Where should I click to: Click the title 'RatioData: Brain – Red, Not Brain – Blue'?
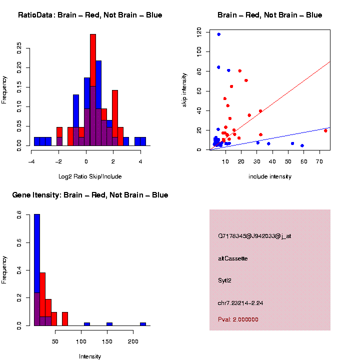click(90, 15)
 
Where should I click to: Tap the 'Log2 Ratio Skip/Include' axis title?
click(90, 176)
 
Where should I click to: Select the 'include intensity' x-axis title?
click(270, 176)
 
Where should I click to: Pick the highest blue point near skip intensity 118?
click(218, 34)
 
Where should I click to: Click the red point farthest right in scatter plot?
click(325, 131)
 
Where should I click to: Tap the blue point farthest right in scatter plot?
click(302, 145)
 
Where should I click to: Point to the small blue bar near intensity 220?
click(142, 323)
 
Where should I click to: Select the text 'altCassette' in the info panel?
click(232, 258)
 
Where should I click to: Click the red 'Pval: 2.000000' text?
click(238, 319)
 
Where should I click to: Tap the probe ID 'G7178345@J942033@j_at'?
click(254, 236)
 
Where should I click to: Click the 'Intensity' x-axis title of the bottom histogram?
click(90, 356)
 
